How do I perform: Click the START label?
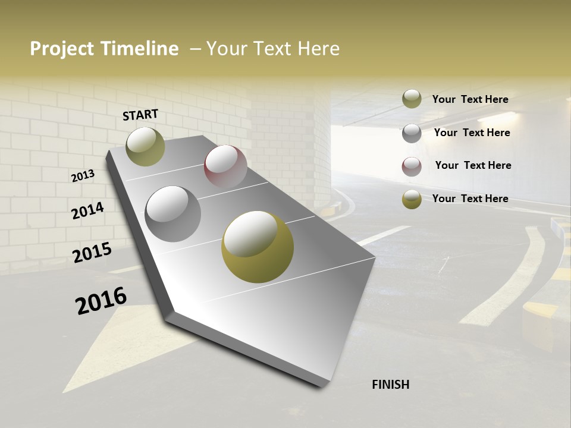pyautogui.click(x=140, y=115)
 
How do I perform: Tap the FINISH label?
pyautogui.click(x=390, y=385)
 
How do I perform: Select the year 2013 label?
pyautogui.click(x=83, y=176)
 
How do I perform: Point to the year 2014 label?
pyautogui.click(x=87, y=211)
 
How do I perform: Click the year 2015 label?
pyautogui.click(x=92, y=253)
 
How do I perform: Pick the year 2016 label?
pyautogui.click(x=101, y=301)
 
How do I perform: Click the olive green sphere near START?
pyautogui.click(x=145, y=146)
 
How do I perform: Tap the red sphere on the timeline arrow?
pyautogui.click(x=225, y=166)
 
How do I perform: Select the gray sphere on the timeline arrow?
pyautogui.click(x=172, y=213)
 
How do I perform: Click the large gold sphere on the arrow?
pyautogui.click(x=258, y=247)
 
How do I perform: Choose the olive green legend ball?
pyautogui.click(x=412, y=99)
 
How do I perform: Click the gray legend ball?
pyautogui.click(x=412, y=133)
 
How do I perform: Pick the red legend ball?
pyautogui.click(x=412, y=166)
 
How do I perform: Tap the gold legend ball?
pyautogui.click(x=412, y=199)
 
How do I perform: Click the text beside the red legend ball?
pyautogui.click(x=473, y=165)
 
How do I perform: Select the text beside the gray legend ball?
pyautogui.click(x=472, y=133)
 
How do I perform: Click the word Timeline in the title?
pyautogui.click(x=139, y=49)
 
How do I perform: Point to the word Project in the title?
pyautogui.click(x=61, y=49)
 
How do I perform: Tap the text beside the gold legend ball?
pyautogui.click(x=470, y=199)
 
